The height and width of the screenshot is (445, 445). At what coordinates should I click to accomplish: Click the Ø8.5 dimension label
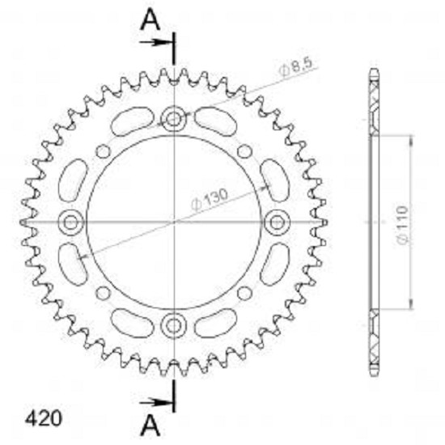tap(295, 67)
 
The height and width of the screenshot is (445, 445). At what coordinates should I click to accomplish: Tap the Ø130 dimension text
tap(210, 199)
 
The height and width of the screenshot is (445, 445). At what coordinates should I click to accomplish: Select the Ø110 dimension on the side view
tap(403, 224)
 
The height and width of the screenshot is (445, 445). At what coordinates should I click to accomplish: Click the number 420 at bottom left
tap(43, 418)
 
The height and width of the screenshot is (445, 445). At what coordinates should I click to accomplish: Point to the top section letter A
tap(150, 19)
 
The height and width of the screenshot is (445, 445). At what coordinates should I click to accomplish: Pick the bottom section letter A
tap(150, 425)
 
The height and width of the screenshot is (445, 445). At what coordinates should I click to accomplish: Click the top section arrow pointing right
tap(157, 43)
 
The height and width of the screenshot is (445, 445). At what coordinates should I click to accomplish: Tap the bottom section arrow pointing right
tap(157, 402)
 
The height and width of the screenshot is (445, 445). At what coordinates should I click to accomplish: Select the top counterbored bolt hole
tap(173, 118)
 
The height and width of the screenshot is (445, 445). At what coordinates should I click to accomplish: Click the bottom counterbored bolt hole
tap(173, 325)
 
